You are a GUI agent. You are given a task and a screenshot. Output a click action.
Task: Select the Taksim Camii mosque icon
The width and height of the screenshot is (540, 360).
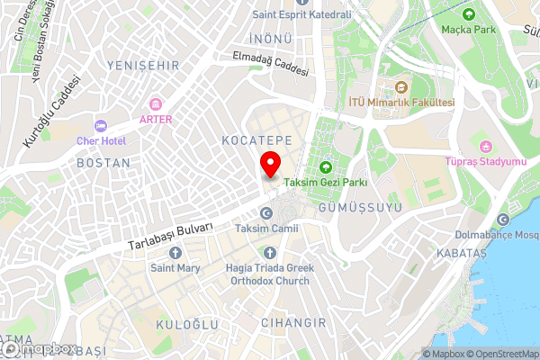[266, 213]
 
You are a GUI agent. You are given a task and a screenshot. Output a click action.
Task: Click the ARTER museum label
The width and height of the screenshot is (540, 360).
[155, 119]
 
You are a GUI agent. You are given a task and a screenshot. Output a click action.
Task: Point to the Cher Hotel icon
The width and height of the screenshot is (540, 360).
[100, 125]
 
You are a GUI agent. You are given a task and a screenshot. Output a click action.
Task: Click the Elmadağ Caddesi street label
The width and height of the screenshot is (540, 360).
[270, 65]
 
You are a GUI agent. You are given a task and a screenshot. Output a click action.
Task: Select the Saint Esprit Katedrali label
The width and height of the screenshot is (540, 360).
[301, 14]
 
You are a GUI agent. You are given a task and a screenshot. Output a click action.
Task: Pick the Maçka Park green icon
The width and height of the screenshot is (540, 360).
[468, 13]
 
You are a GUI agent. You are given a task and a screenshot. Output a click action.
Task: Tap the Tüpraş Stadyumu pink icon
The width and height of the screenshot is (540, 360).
[487, 147]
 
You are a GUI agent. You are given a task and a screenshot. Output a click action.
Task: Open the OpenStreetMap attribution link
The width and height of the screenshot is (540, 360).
[503, 354]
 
